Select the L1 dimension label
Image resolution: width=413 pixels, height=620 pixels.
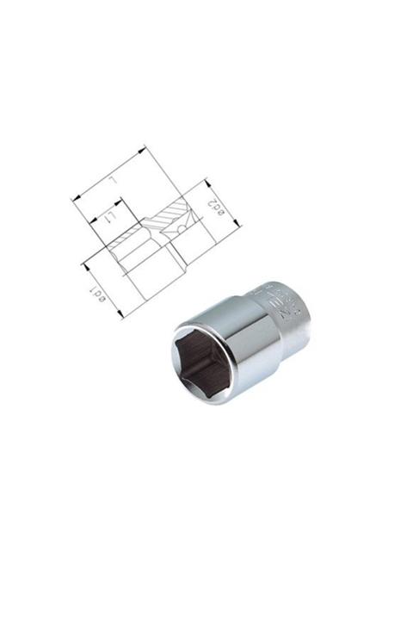[x=109, y=221]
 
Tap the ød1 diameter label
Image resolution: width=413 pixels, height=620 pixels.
[x=97, y=296]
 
